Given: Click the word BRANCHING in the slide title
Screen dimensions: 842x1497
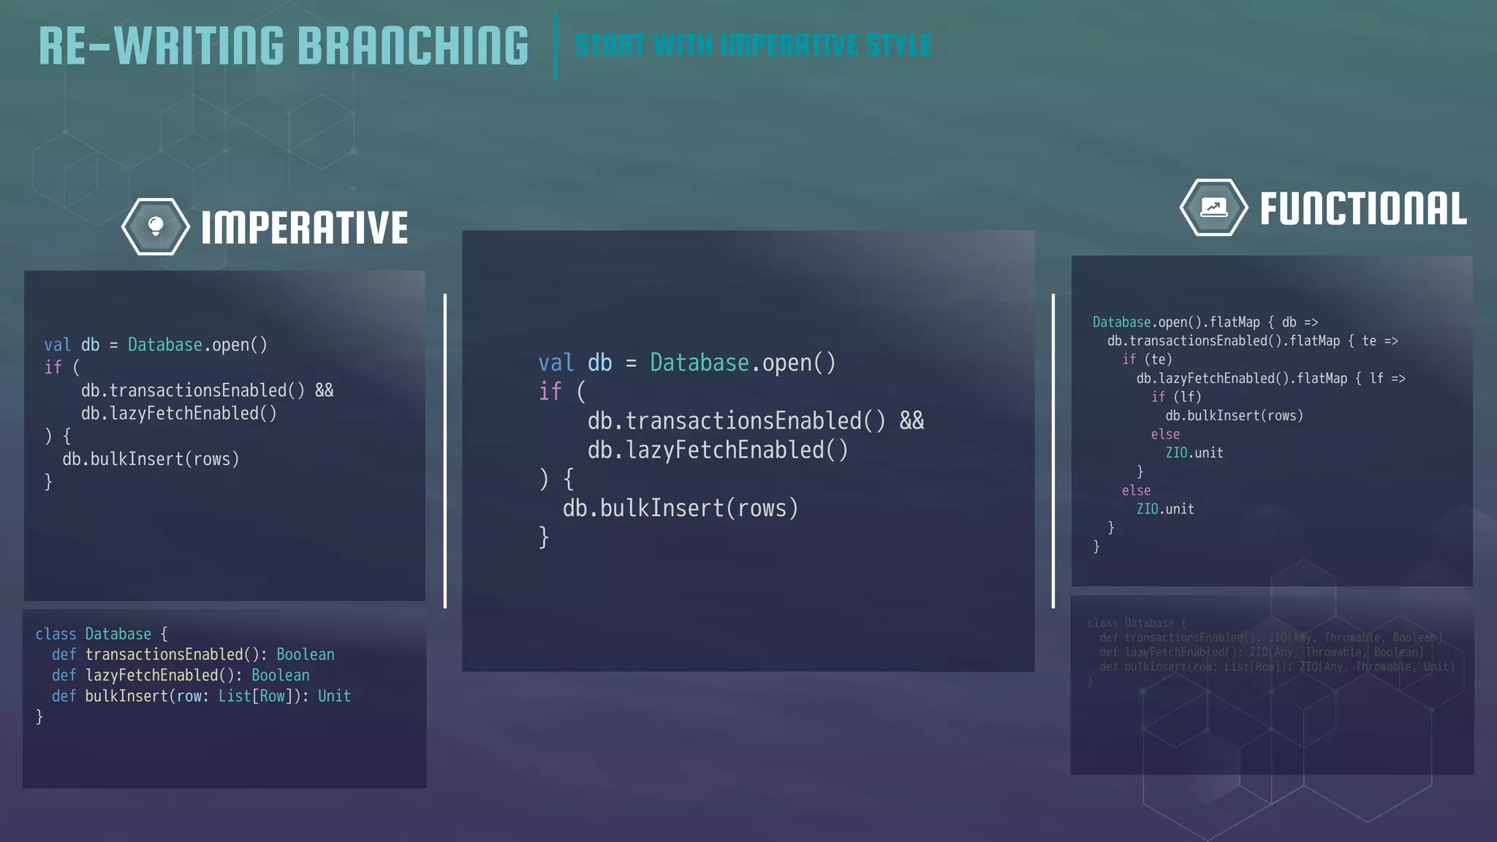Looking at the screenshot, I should coord(413,45).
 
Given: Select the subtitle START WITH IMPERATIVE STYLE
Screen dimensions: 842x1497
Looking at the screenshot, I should coord(753,45).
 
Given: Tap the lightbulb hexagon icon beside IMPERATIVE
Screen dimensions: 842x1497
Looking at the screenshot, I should coord(156,227).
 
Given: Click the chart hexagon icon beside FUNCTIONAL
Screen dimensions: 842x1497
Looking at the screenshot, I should coord(1213,208).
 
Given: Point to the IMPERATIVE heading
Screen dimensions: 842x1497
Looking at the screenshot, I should coord(304,227).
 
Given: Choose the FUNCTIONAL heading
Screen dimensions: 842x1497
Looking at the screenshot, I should coord(1363,209).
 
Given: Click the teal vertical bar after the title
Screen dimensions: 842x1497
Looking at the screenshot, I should coord(556,45).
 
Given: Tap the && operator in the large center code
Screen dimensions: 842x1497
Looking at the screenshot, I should coord(912,421).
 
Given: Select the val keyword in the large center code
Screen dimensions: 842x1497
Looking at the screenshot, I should coord(556,363).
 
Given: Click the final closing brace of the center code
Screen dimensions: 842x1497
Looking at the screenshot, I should coord(544,537).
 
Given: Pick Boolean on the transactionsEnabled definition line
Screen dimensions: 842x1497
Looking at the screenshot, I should coord(305,655).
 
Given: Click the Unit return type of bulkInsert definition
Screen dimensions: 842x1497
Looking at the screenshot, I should coord(334,697).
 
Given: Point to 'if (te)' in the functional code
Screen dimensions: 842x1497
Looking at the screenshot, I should coord(1147,360).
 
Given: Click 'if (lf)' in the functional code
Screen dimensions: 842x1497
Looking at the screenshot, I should coord(1176,397).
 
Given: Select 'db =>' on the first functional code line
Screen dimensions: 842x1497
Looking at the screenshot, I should coord(1300,322).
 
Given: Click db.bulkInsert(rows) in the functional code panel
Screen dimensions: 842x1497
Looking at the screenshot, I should coord(1234,416).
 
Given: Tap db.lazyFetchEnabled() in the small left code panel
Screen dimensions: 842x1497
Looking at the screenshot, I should coord(179,414).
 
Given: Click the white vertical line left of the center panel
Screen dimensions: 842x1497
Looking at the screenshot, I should coord(445,451).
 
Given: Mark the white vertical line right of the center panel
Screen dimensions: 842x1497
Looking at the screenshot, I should coord(1053,451).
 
